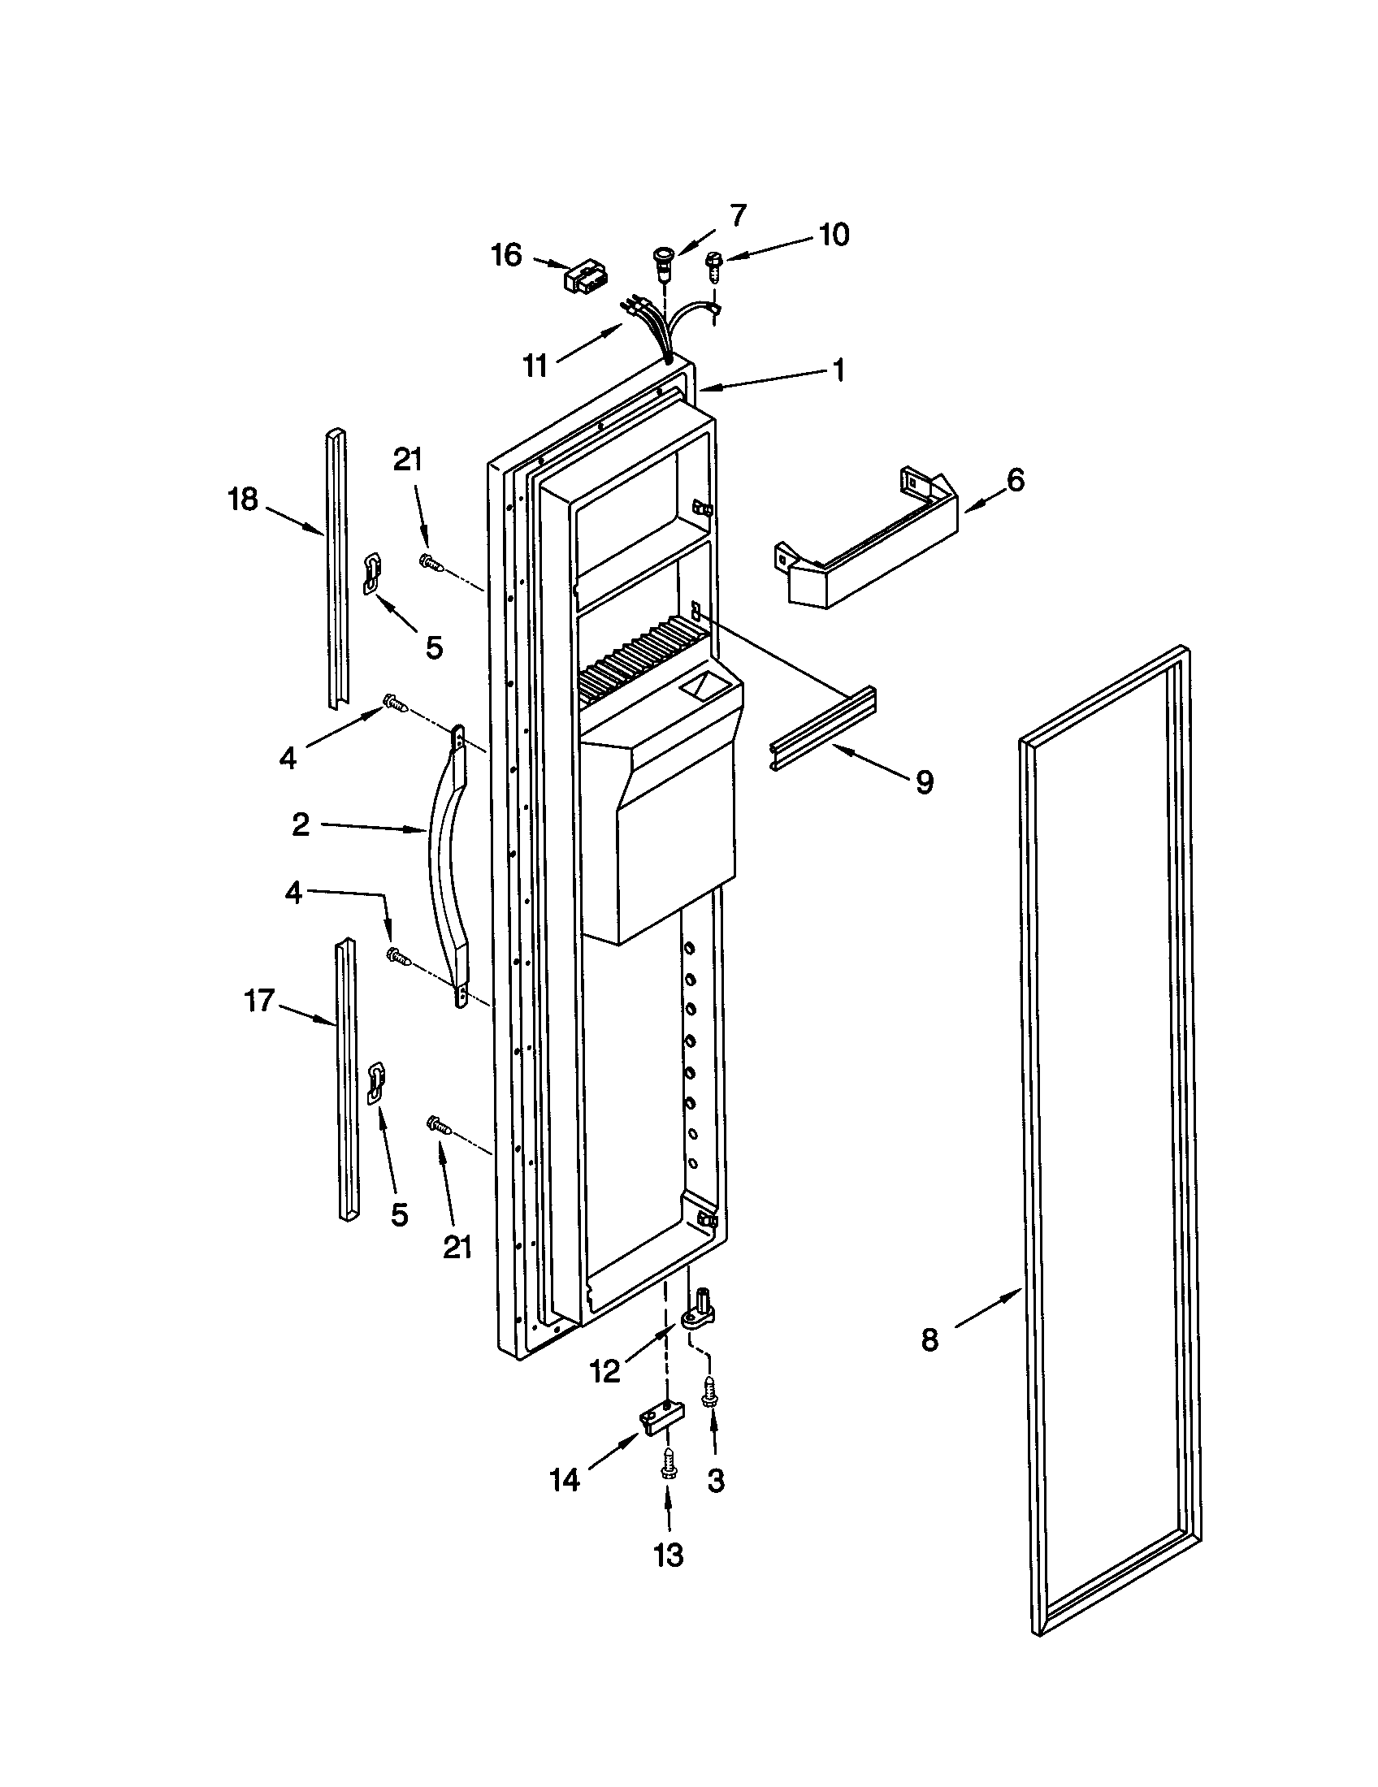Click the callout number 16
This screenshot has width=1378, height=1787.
coord(506,255)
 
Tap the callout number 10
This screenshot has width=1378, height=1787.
coord(833,235)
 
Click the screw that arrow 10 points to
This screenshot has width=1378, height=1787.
coord(713,265)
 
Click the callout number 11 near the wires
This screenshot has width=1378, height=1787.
coord(535,366)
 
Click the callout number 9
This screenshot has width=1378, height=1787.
coord(924,782)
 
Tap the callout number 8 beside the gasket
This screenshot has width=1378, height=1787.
coord(929,1340)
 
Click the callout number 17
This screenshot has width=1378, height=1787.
coord(259,1000)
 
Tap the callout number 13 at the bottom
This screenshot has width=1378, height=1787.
coord(668,1555)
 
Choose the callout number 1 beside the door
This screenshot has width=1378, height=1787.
coord(837,370)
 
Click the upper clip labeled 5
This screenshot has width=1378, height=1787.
coord(372,570)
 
